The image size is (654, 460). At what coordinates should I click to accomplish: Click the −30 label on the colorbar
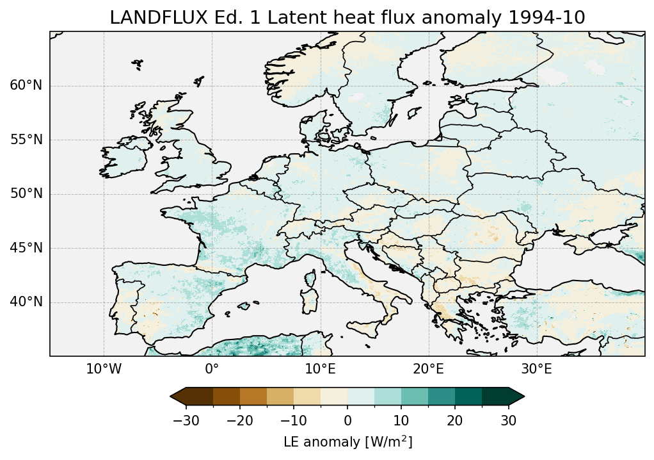point(186,420)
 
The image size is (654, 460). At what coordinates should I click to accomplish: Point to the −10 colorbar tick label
point(293,420)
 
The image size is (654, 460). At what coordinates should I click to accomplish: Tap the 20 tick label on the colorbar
point(455,420)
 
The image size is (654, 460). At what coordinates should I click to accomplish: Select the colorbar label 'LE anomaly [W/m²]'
point(347,442)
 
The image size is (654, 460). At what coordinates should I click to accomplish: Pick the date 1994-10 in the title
point(548,18)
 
